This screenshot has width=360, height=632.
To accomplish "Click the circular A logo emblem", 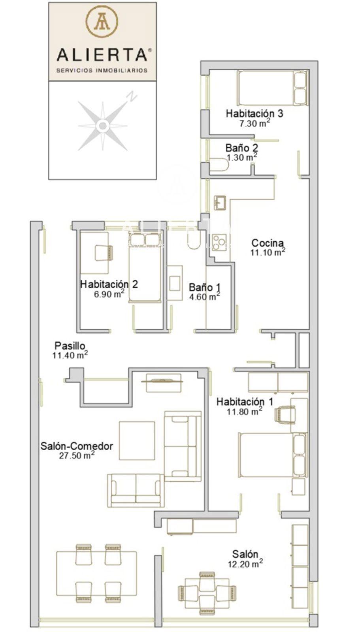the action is tap(102, 21).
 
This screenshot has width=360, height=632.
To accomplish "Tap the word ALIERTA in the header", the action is tap(102, 55).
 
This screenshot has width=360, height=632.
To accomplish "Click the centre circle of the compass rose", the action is tap(102, 126).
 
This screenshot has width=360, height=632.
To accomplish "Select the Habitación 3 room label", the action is tap(254, 113).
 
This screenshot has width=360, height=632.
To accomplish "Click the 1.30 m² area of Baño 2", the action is tap(242, 157).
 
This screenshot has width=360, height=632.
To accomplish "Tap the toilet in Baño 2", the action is tap(219, 164).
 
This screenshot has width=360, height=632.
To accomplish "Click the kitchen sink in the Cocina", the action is tap(220, 203).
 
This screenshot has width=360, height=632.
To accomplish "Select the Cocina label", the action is tap(268, 243).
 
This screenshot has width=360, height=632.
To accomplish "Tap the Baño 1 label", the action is tap(205, 287).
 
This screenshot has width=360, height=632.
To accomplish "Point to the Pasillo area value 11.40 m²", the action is tap(70, 355).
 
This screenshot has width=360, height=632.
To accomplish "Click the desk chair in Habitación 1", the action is tap(285, 414).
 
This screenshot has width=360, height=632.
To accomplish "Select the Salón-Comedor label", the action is tap(77, 446).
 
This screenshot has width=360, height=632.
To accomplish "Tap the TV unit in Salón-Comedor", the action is tap(164, 383).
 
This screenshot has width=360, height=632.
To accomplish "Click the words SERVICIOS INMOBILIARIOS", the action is tap(102, 70).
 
